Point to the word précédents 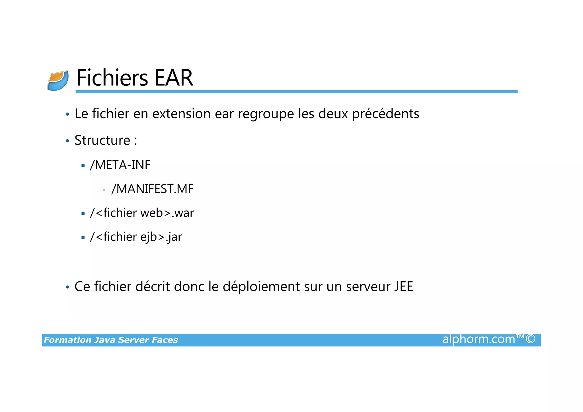(385, 114)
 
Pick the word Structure (102, 140)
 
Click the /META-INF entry (120, 165)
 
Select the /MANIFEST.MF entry (152, 189)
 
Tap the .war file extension (183, 213)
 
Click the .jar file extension (174, 237)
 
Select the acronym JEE (404, 286)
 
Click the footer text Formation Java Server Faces (111, 340)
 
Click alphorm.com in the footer (479, 339)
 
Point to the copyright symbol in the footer (530, 339)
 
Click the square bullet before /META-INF (83, 165)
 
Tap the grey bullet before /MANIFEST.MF (104, 190)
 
